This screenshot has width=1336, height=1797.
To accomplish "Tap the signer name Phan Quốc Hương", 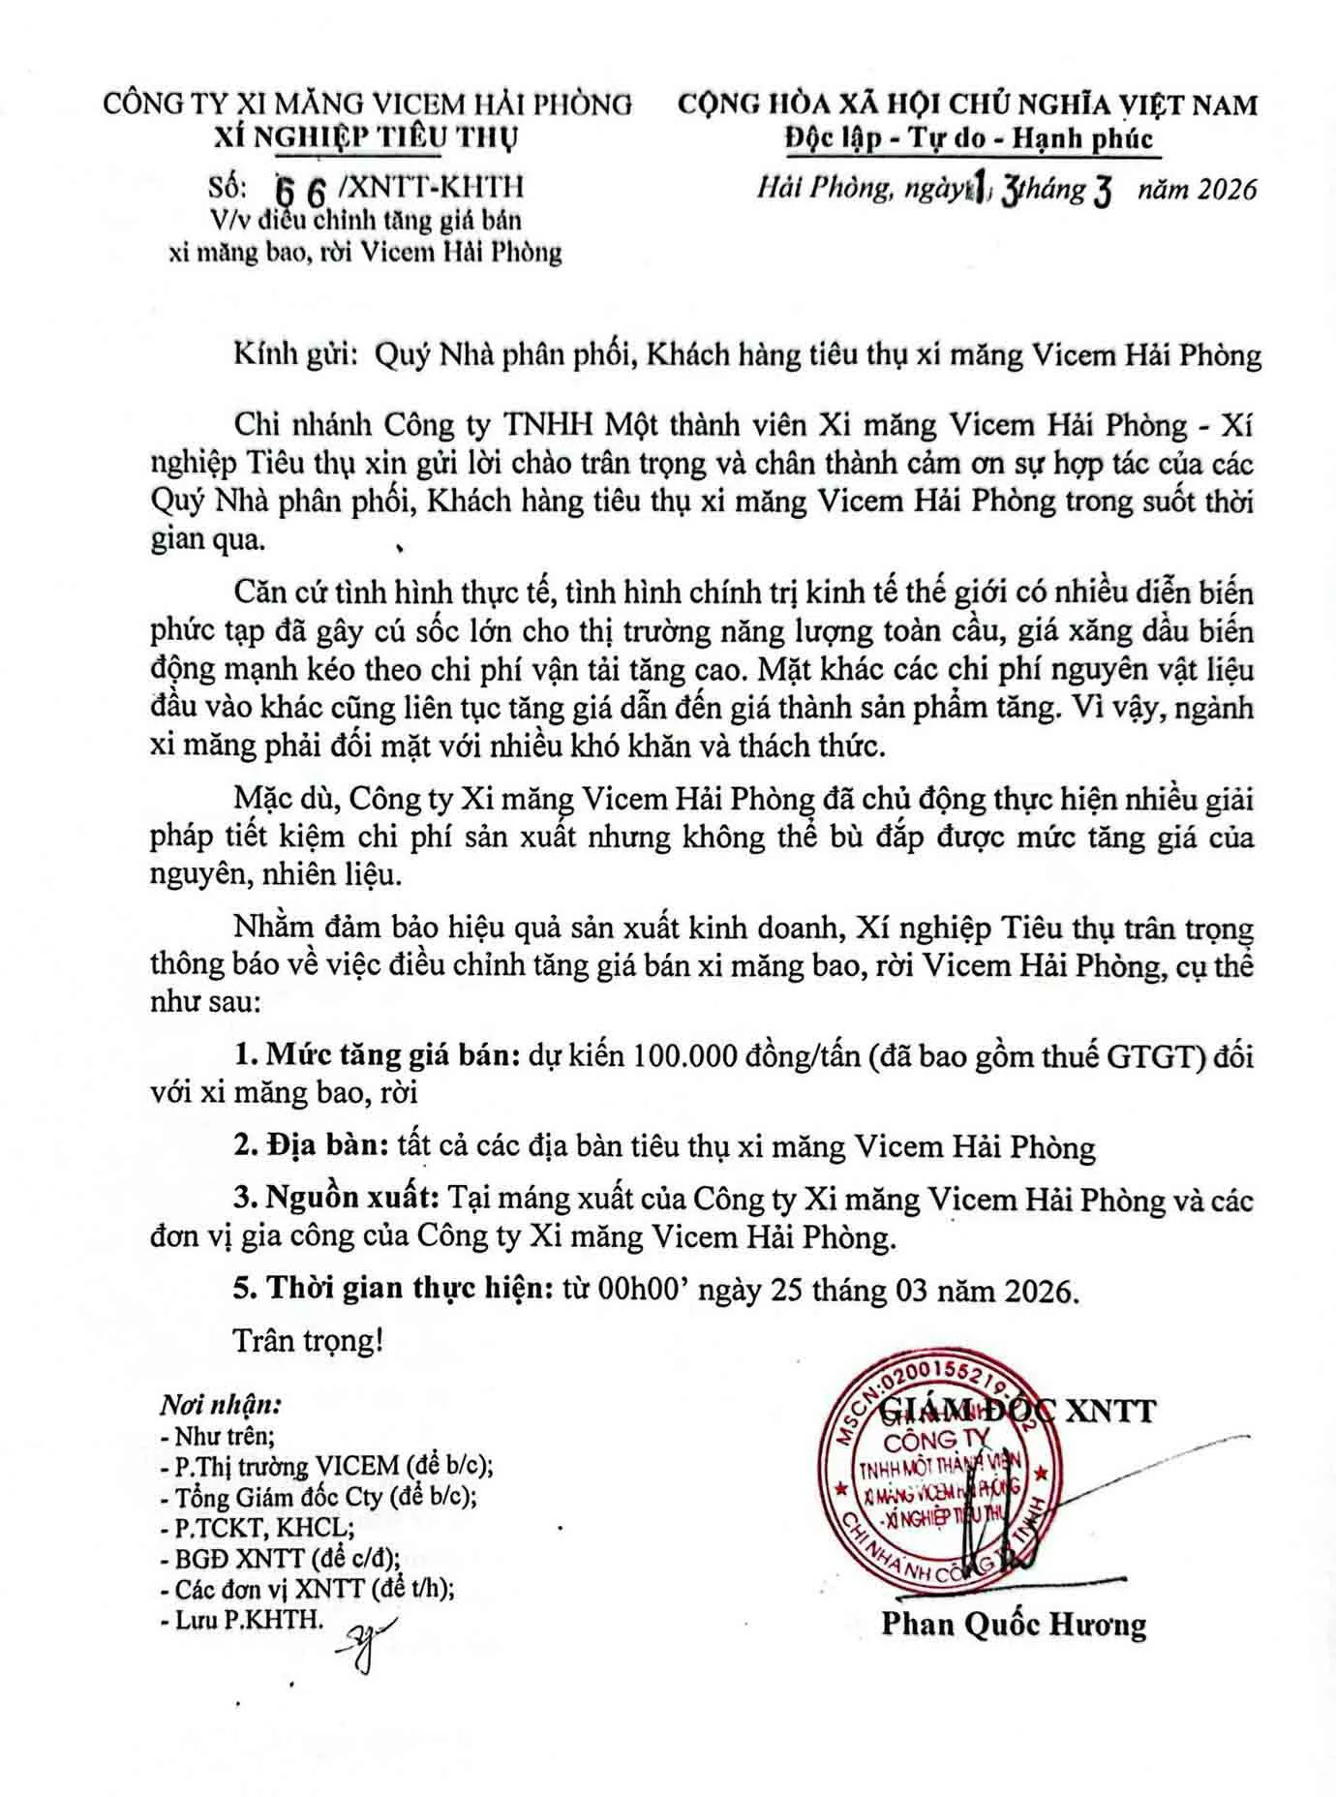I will [x=1013, y=1624].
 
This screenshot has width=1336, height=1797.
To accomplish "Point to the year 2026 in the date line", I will [x=1223, y=188].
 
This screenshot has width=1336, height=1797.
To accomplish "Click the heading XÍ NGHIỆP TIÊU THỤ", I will [x=366, y=137].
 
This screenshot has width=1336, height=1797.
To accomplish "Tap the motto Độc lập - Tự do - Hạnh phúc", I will [x=968, y=138].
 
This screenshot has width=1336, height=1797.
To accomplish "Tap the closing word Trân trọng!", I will [x=309, y=1341].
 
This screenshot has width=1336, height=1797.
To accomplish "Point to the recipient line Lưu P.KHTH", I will [x=243, y=1620].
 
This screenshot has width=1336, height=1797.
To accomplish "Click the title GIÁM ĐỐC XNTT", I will [x=1017, y=1411].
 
